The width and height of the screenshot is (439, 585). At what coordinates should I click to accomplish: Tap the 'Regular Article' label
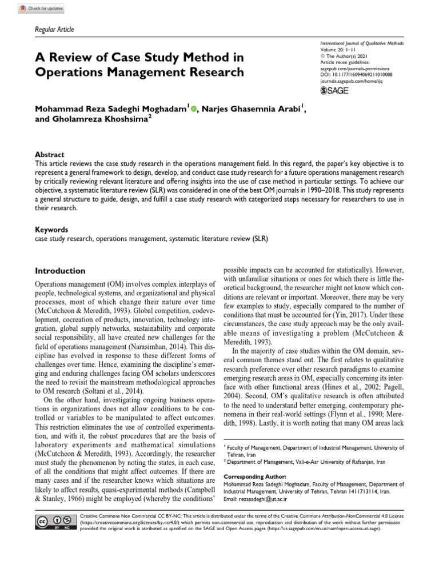(x=55, y=30)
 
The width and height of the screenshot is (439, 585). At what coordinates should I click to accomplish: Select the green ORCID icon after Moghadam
(x=193, y=107)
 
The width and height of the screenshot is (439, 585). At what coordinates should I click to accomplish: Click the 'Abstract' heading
(x=50, y=155)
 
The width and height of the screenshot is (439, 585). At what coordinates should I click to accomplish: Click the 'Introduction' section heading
(x=60, y=271)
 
